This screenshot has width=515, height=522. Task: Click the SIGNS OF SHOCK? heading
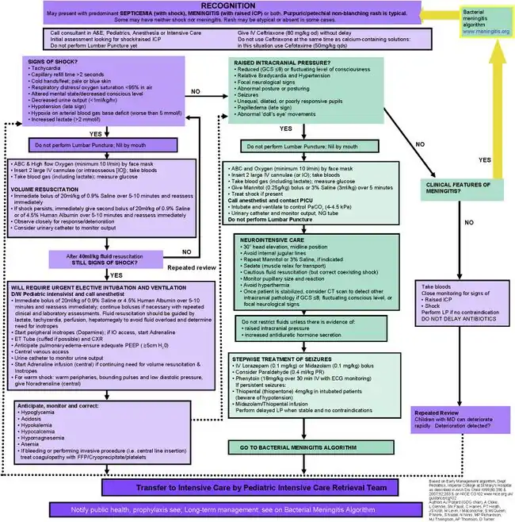[55, 63]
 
